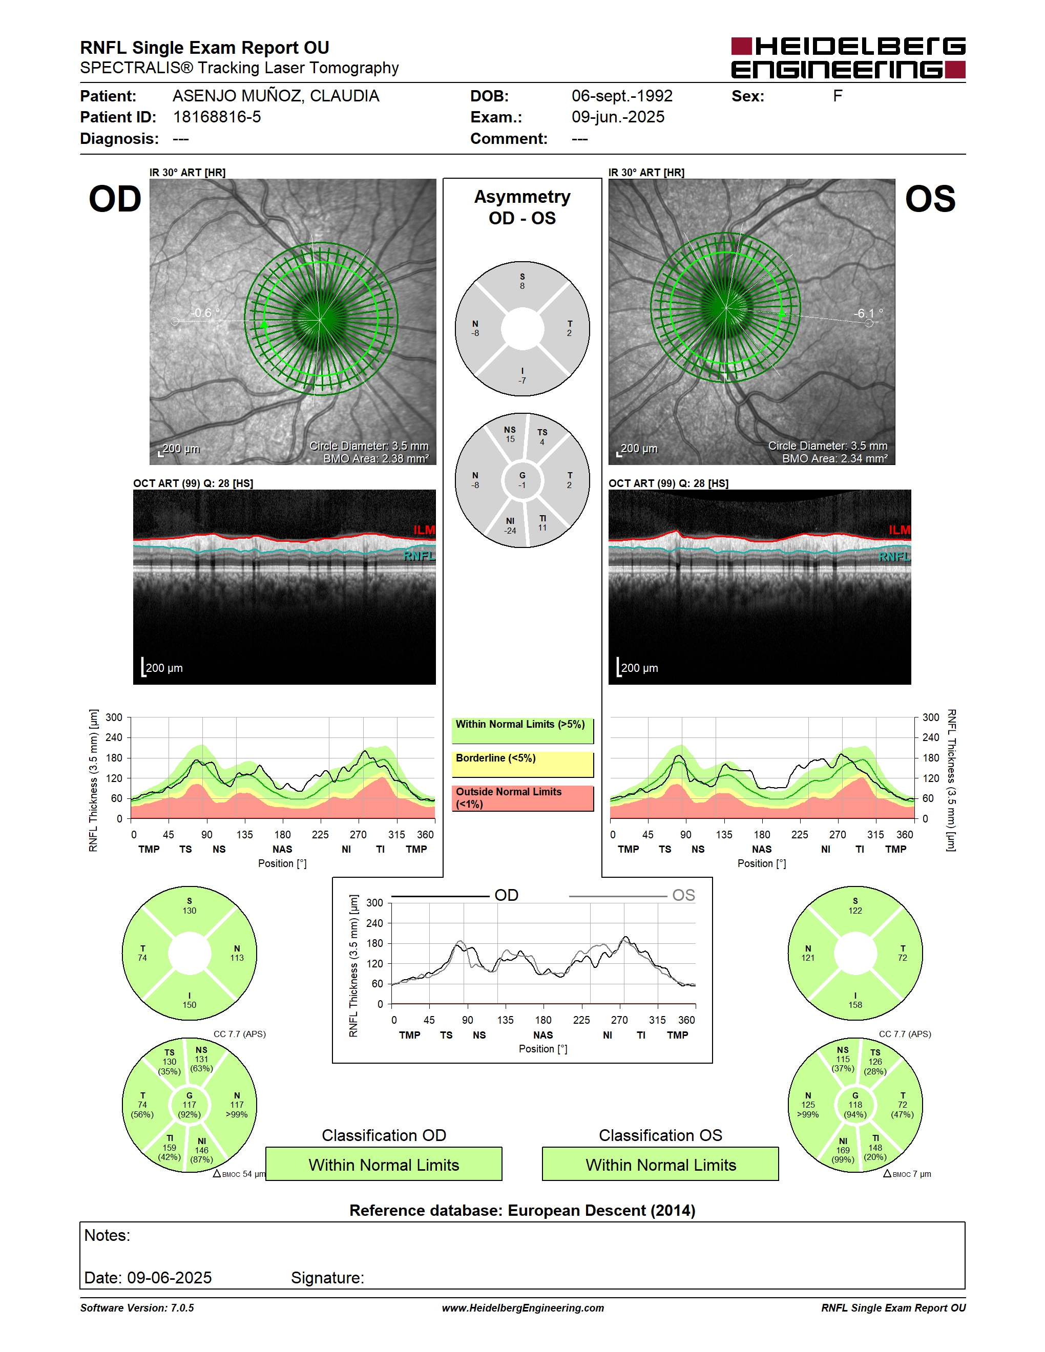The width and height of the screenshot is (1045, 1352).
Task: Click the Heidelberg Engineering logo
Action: (848, 57)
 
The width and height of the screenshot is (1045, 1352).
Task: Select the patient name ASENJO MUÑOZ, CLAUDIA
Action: (276, 96)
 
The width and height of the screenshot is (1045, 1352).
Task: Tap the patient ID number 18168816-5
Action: (217, 117)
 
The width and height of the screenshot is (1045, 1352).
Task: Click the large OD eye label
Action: (115, 199)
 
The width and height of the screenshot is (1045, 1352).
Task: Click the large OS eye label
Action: (930, 199)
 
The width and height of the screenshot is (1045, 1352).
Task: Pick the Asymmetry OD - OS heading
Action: (522, 207)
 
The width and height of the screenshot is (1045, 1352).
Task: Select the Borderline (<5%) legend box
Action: (522, 765)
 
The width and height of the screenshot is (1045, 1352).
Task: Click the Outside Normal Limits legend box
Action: (522, 798)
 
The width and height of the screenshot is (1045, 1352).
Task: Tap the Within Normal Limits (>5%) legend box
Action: (522, 730)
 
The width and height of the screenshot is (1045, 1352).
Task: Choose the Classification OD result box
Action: (384, 1165)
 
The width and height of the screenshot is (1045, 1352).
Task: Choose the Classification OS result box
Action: (661, 1165)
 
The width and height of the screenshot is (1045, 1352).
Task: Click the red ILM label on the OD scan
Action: (424, 530)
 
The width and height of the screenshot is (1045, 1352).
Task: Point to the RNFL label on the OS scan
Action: (894, 557)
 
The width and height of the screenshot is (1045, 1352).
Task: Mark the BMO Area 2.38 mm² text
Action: (376, 459)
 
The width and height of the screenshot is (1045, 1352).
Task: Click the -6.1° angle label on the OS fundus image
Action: (869, 313)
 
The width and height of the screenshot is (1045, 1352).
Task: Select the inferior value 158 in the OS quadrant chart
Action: (855, 1005)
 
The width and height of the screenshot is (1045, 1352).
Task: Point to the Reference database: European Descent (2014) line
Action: (522, 1210)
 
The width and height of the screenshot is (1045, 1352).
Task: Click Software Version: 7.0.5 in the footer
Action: (137, 1307)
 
